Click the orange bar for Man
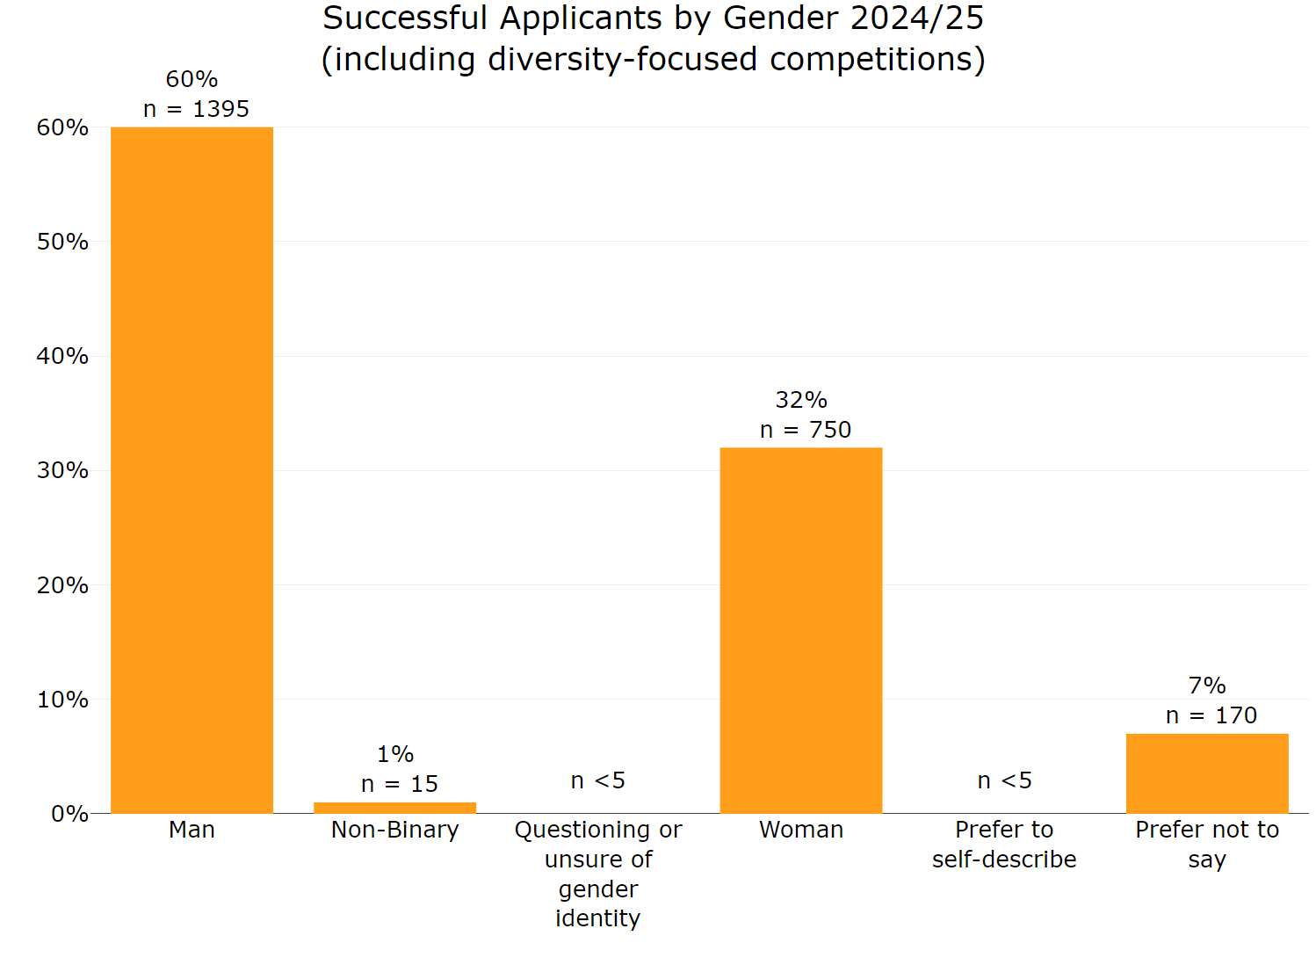click(192, 470)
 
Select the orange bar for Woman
click(800, 630)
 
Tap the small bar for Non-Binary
click(394, 808)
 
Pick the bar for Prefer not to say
click(1206, 773)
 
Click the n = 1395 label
click(196, 109)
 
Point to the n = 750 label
click(805, 430)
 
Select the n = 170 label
click(1211, 715)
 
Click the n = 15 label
click(399, 784)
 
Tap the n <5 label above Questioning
click(597, 780)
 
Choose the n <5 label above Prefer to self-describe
click(1004, 780)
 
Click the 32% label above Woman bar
click(800, 400)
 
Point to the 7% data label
click(1206, 686)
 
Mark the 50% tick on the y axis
click(62, 242)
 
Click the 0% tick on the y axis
click(69, 814)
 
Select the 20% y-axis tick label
click(62, 585)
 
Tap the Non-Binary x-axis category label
click(394, 830)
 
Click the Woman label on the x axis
click(800, 830)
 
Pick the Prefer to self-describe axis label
click(1004, 844)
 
